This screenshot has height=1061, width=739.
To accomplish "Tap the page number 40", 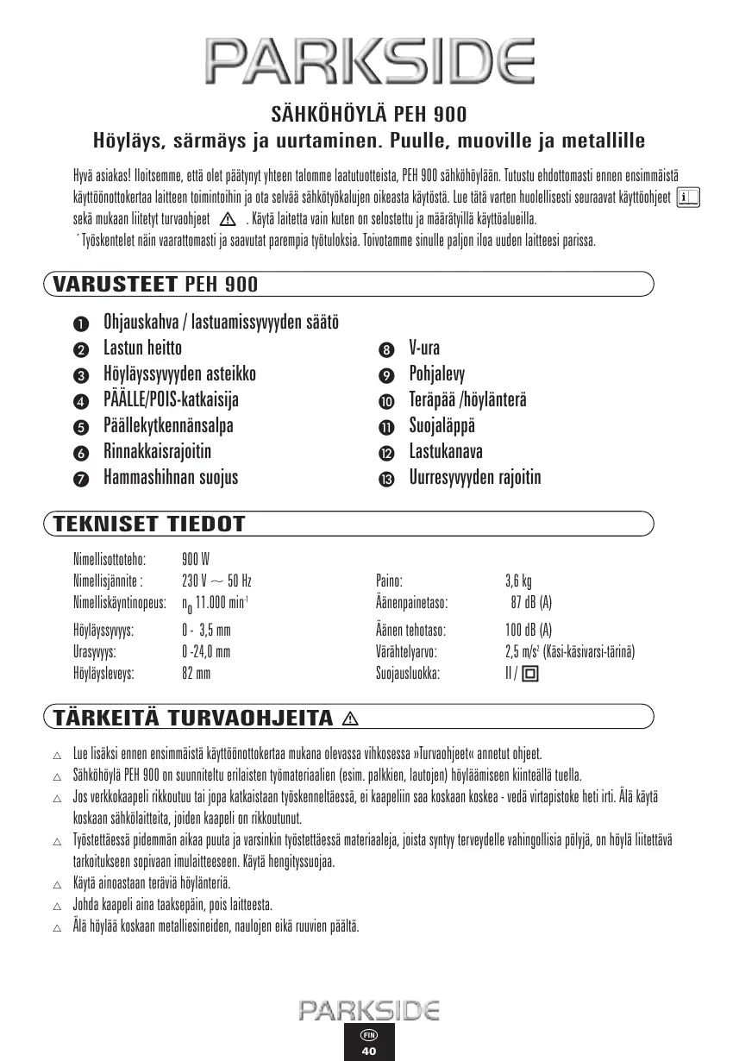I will [369, 1051].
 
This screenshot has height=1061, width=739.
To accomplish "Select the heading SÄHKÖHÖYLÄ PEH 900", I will [369, 113].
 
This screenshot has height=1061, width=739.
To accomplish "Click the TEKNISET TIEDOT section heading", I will [149, 524].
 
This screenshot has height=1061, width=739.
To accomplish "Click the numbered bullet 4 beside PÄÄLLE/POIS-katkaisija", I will [80, 402].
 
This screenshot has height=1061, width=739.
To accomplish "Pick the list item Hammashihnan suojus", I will [171, 477].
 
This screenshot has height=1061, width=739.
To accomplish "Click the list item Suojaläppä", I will [442, 426].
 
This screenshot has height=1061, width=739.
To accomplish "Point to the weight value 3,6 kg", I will [517, 581].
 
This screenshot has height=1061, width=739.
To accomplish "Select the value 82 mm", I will [196, 674].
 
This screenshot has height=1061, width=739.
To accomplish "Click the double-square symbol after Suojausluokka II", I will [529, 675].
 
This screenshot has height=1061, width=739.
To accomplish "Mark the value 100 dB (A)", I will [528, 631].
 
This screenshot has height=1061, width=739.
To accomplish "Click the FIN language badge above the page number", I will [369, 1033].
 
